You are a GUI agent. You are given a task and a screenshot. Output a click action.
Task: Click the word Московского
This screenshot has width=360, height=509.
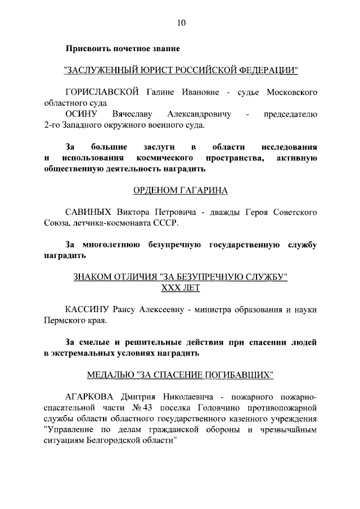tap(290, 91)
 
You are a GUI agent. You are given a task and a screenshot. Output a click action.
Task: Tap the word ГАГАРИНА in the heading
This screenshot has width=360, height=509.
tap(201, 190)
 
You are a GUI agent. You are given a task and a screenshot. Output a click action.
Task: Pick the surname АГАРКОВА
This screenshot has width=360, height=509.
tap(91, 396)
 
